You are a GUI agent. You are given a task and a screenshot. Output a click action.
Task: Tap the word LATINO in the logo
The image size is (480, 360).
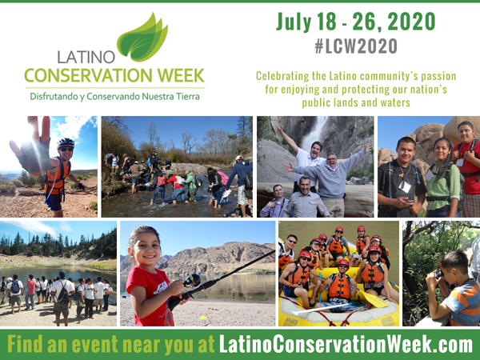pyautogui.click(x=86, y=57)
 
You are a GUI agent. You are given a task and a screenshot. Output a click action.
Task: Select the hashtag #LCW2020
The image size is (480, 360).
pyautogui.click(x=356, y=46)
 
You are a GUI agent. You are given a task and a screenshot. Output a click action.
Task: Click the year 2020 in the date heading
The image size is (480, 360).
pyautogui.click(x=411, y=22)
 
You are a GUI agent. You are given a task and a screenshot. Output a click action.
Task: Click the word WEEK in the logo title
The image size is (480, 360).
pyautogui.click(x=180, y=75)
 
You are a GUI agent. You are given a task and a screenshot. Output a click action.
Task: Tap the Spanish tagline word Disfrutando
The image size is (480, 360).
pyautogui.click(x=54, y=97)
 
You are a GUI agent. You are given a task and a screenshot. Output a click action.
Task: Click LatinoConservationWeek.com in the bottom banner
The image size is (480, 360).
pyautogui.click(x=346, y=344)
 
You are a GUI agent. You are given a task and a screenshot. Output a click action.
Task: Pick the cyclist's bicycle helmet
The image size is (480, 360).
pyautogui.click(x=66, y=142)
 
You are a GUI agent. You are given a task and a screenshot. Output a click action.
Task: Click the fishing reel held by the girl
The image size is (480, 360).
pyautogui.click(x=192, y=280)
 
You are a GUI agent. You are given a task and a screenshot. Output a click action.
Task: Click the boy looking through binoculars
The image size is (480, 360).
pyautogui.click(x=454, y=288)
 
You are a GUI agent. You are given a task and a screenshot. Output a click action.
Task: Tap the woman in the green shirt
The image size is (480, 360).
pyautogui.click(x=443, y=178)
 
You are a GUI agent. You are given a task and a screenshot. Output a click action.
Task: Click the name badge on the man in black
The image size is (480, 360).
pyautogui.click(x=405, y=186)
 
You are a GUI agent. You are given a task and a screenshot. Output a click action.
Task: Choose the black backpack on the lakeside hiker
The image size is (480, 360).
pyautogui.click(x=63, y=294)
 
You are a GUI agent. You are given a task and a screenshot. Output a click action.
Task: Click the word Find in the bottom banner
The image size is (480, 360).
pyautogui.click(x=25, y=344)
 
